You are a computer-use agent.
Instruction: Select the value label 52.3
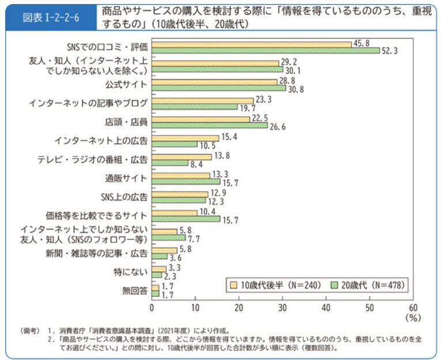click(x=391, y=51)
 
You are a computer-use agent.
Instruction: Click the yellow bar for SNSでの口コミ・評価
click(x=251, y=44)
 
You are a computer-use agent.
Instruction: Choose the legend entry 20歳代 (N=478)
click(x=367, y=284)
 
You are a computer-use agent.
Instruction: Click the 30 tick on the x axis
click(x=282, y=307)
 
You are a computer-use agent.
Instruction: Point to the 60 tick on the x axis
click(x=413, y=307)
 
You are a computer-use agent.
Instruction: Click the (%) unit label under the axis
click(x=413, y=317)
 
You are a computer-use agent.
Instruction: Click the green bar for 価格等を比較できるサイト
click(x=186, y=219)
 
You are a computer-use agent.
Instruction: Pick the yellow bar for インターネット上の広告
click(x=186, y=137)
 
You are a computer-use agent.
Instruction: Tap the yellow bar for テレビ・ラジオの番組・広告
click(x=182, y=156)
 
